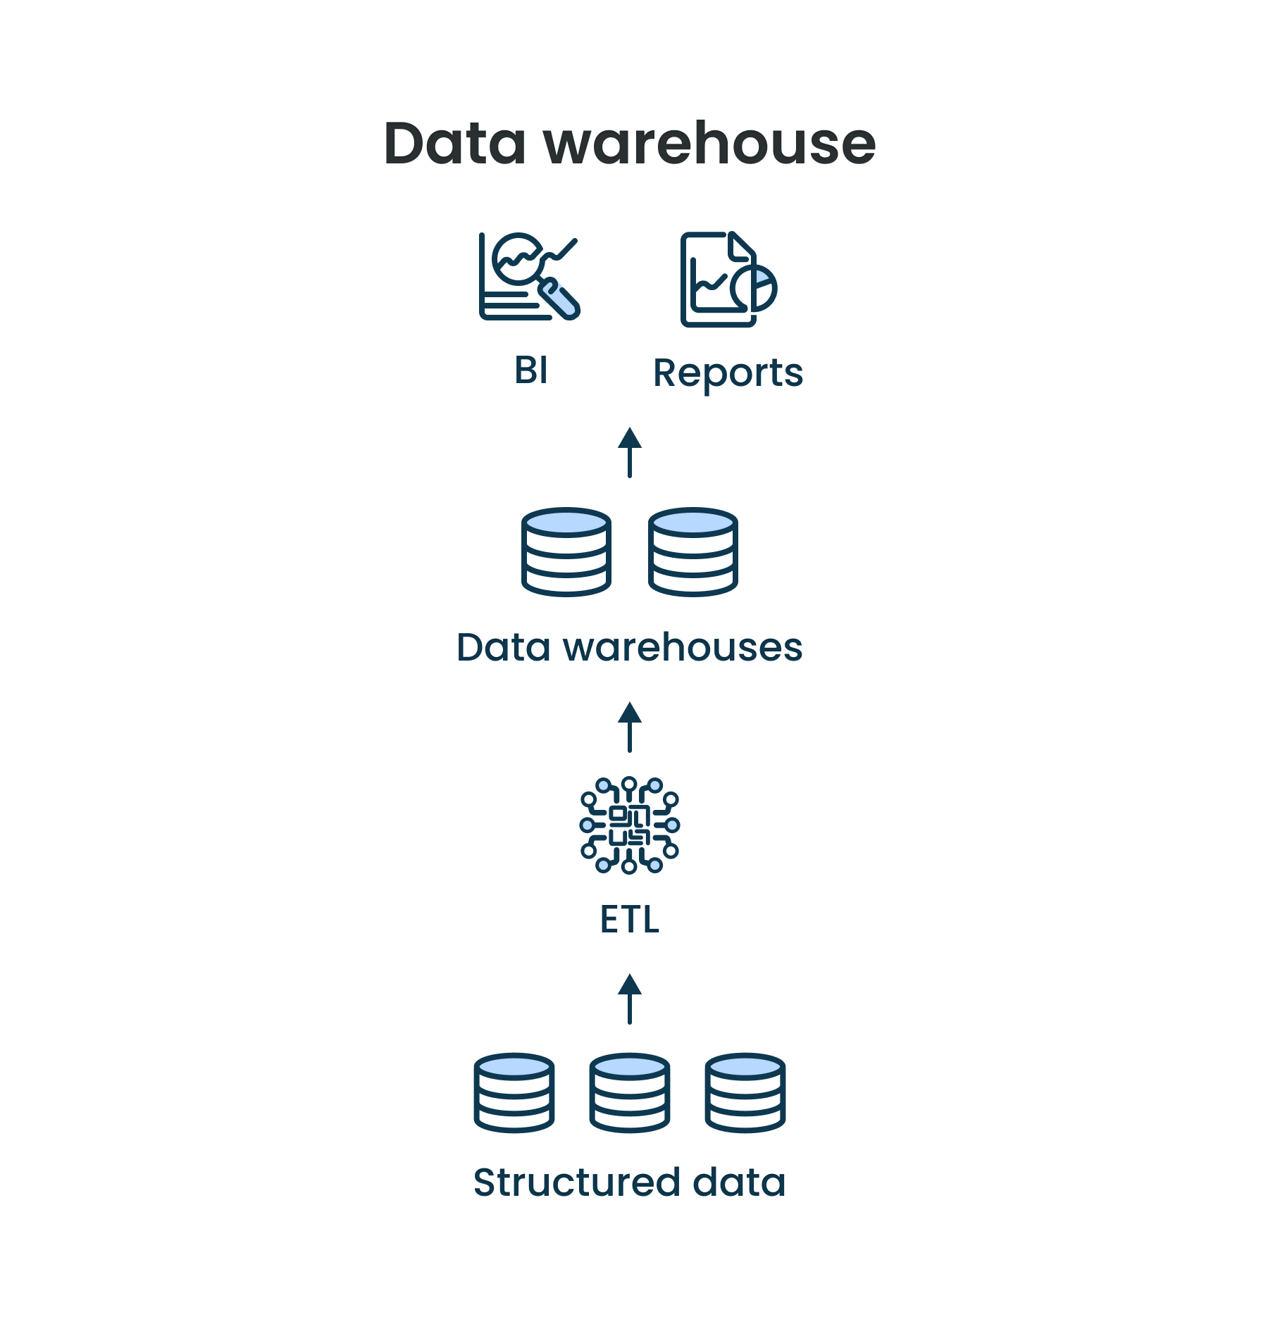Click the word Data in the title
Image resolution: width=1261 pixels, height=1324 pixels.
click(x=454, y=144)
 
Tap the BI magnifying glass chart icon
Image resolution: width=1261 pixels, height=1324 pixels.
click(x=528, y=276)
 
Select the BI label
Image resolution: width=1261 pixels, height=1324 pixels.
click(x=531, y=370)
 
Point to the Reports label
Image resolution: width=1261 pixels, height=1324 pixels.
click(x=728, y=373)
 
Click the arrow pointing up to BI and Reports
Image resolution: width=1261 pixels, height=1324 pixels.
click(x=630, y=452)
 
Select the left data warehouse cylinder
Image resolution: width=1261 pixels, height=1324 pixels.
click(x=566, y=552)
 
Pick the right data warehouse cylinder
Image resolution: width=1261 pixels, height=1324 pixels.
click(x=693, y=552)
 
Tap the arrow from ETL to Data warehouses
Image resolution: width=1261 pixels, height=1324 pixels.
click(x=630, y=727)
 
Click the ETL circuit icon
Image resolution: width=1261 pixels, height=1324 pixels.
click(x=630, y=825)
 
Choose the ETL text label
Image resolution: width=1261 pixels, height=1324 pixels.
click(x=630, y=920)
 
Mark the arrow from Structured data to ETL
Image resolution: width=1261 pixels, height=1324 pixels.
click(x=630, y=999)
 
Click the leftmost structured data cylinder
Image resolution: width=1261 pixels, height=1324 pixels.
click(x=514, y=1093)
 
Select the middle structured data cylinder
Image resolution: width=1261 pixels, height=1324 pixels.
click(x=630, y=1093)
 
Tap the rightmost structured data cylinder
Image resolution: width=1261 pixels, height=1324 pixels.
click(x=745, y=1093)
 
